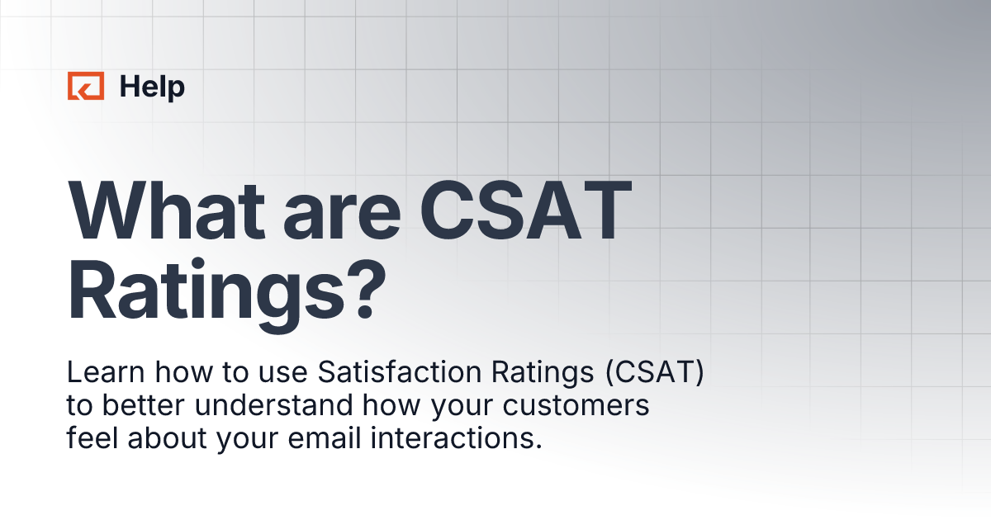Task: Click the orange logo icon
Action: [x=86, y=86]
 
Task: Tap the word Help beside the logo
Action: [x=152, y=86]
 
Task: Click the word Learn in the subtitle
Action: [x=100, y=373]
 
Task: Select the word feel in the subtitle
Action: [x=90, y=437]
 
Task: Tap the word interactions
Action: [x=441, y=437]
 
